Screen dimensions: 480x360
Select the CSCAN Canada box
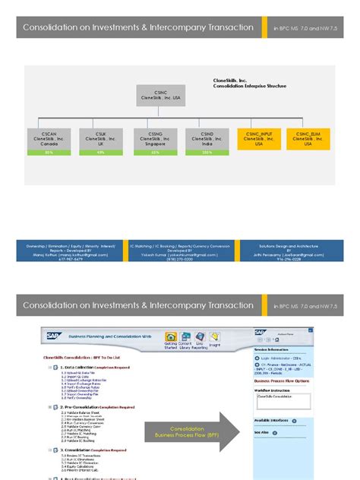[x=49, y=138]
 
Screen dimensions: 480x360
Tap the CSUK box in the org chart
[x=100, y=138]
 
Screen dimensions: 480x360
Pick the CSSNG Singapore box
[x=154, y=138]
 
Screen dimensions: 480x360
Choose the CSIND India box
[x=207, y=138]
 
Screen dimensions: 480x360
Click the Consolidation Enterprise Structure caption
[x=249, y=86]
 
